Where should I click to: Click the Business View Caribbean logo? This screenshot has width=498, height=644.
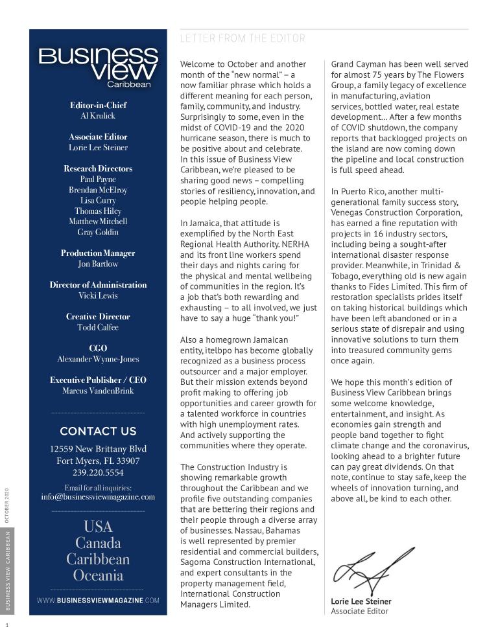point(98,67)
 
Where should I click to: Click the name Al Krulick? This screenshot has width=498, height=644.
point(98,116)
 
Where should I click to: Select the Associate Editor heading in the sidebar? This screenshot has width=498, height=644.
point(98,137)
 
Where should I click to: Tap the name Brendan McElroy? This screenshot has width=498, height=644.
point(98,190)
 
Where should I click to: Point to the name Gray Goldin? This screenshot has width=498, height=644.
point(98,232)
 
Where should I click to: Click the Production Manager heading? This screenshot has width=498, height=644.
point(98,253)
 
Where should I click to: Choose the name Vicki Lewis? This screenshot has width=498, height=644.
point(98,295)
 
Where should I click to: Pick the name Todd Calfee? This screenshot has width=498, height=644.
point(98,327)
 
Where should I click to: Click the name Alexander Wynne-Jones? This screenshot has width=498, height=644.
point(98,359)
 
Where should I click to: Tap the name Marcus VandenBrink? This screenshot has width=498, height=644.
point(98,391)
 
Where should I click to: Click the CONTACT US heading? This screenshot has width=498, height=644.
point(98,431)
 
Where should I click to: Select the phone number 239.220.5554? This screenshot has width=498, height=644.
point(98,473)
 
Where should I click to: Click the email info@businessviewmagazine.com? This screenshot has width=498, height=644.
point(98,497)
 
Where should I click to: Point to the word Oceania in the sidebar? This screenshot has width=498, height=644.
point(98,575)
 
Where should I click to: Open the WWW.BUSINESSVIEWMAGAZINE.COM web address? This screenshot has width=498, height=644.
point(98,601)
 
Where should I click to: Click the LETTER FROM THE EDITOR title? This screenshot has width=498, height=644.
point(243,39)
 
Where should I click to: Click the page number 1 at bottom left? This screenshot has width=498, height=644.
point(6,625)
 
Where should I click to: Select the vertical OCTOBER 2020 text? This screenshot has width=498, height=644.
point(7,505)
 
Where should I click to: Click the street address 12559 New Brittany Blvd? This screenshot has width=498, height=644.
point(98,449)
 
